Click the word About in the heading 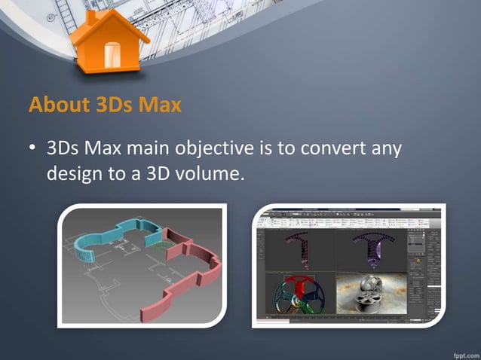pos(55,105)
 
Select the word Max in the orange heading pos(160,105)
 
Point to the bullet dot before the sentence pos(33,148)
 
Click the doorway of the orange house pos(112,55)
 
